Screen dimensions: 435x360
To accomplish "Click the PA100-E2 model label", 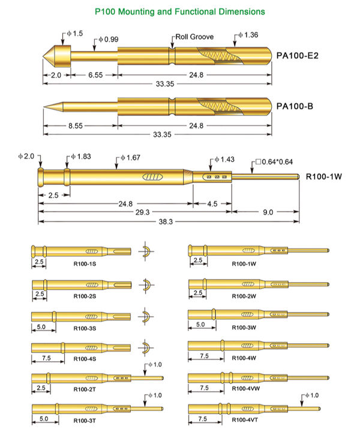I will click(296, 56).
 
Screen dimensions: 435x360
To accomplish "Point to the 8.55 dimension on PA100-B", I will click(79, 126).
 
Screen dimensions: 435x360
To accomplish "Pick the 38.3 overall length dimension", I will click(164, 221).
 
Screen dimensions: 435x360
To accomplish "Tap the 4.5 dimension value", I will click(212, 203).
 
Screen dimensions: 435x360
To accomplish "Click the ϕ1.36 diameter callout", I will click(248, 35).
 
